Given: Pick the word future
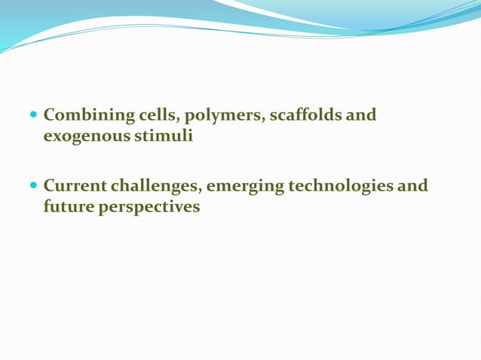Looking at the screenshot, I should pos(68,206).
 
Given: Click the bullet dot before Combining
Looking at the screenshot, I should pos(32,117).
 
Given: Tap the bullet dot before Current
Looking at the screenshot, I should pos(32,186).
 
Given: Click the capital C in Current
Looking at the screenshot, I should pos(50,185).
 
